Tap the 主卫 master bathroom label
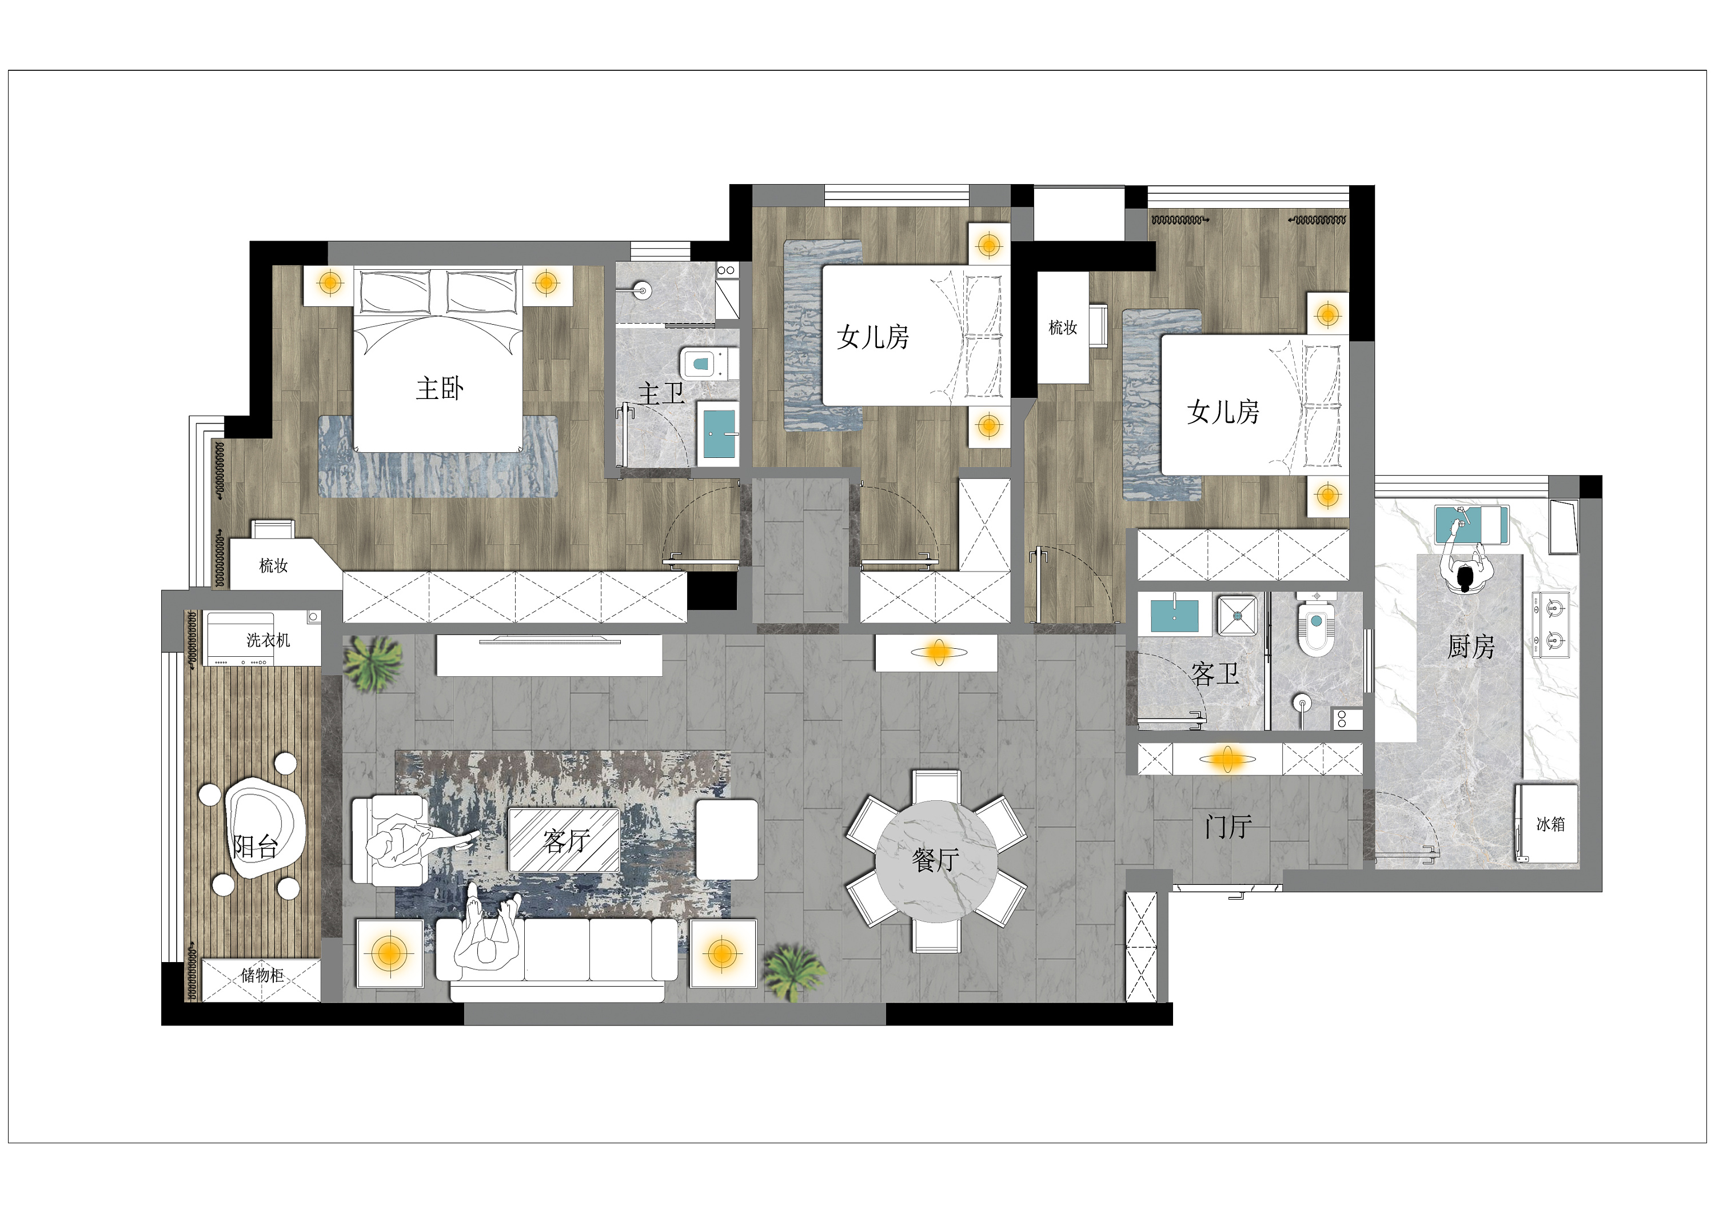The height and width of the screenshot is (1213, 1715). click(661, 394)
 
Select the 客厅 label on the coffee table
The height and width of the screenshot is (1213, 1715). click(566, 841)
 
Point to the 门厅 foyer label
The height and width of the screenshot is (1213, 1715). click(1228, 827)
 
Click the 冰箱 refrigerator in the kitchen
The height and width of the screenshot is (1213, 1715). click(1547, 823)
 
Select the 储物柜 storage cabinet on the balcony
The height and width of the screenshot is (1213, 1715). click(261, 979)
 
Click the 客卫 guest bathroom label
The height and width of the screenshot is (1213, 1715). click(1215, 675)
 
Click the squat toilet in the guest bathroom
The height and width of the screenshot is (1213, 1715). click(1315, 624)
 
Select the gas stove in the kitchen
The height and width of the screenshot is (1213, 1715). click(1552, 624)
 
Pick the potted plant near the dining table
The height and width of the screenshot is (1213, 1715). click(795, 971)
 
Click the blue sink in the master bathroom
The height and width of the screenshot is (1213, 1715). click(719, 433)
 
